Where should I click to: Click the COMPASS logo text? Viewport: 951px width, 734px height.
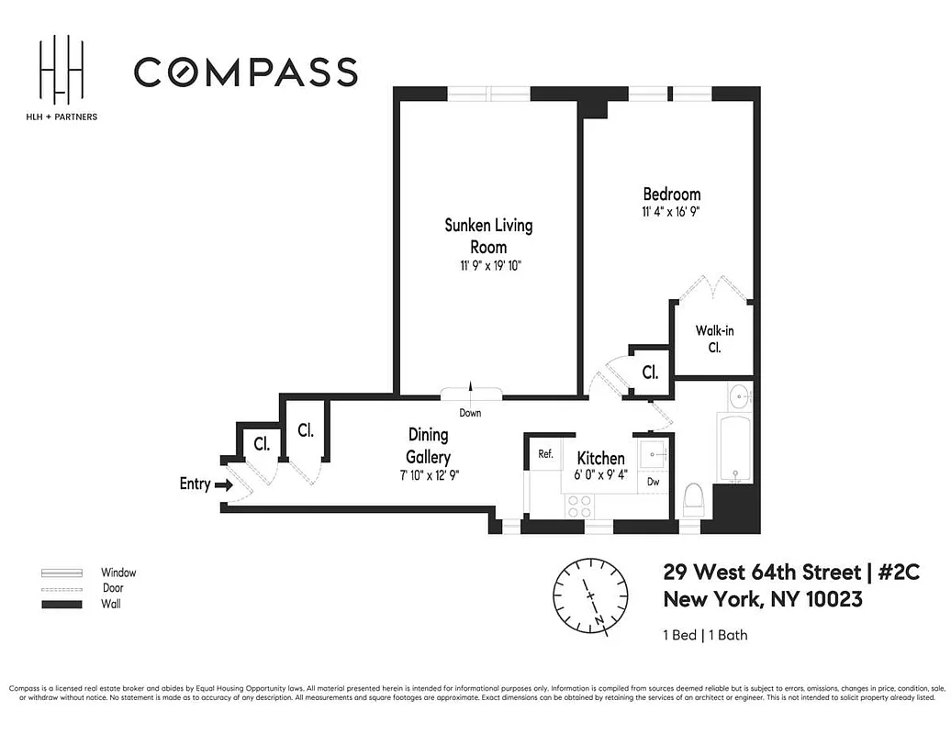(246, 72)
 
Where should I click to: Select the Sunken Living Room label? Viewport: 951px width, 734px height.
(488, 235)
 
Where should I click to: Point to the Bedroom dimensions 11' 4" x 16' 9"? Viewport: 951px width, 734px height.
(671, 212)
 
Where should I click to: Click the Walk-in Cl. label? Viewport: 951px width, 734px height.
(713, 339)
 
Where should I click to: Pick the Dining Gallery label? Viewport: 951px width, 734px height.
(429, 445)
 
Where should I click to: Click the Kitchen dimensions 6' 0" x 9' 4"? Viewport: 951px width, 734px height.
(601, 475)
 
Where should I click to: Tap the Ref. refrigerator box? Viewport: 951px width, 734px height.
(544, 454)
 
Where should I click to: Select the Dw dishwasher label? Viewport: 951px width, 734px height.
(654, 482)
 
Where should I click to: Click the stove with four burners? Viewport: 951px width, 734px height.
(579, 505)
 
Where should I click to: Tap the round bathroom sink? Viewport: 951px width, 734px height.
(740, 396)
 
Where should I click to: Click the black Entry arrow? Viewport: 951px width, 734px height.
(223, 484)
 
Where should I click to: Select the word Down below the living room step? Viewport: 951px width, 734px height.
(470, 413)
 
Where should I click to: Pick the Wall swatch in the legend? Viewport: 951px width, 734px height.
(62, 604)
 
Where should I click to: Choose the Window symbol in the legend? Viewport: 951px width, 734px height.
(62, 573)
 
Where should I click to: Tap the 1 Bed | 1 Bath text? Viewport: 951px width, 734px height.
(705, 635)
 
